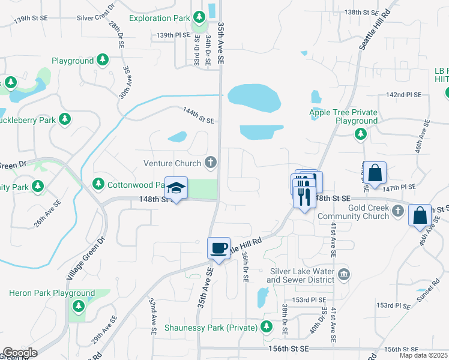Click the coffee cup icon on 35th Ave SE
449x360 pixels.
pos(219,248)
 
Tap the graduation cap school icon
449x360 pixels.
pos(176,188)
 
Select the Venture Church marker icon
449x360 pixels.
pos(210,162)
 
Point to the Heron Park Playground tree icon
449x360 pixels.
pos(77,307)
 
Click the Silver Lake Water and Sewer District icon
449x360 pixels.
pos(343,275)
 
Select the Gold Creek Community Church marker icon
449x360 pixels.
pos(397,210)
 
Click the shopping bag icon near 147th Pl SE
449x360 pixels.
pos(375,173)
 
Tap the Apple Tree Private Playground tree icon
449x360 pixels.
pos(360,134)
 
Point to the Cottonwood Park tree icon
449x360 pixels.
pos(98,182)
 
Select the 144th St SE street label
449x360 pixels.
pos(199,116)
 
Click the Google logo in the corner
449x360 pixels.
pos(20,353)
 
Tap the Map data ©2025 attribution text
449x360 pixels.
pos(423,355)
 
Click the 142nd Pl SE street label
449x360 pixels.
pos(404,95)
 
